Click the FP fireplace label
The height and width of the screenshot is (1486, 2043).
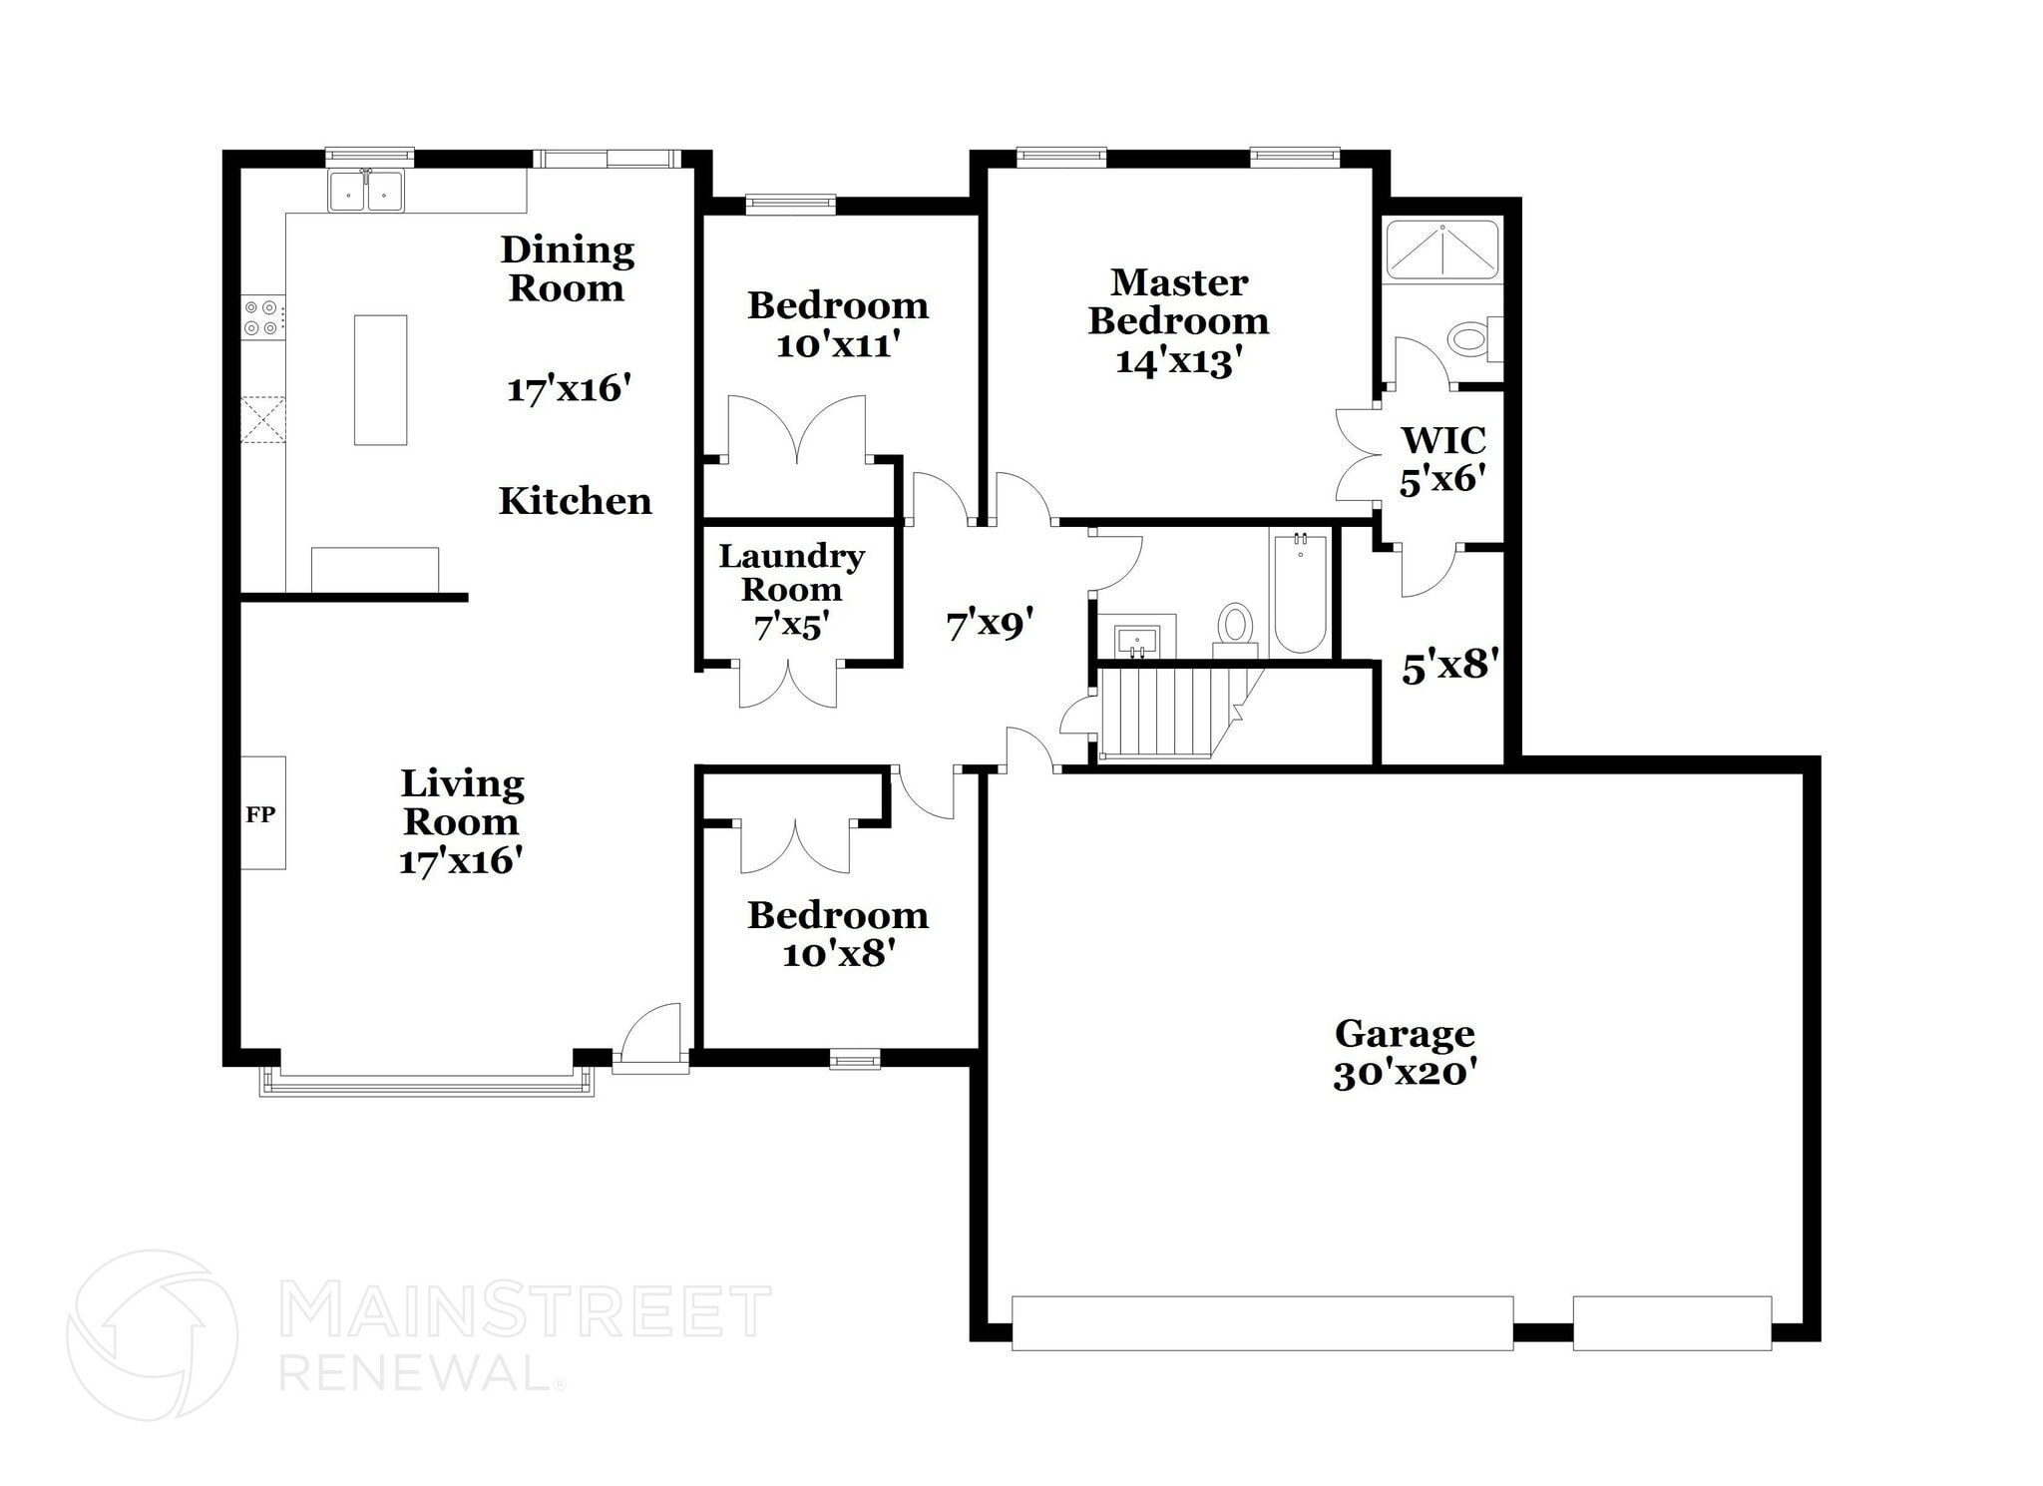(261, 814)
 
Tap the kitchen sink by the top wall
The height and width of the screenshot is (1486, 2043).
(366, 191)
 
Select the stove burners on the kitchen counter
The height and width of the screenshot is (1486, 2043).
(262, 317)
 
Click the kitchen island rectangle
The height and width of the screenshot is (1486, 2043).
(380, 380)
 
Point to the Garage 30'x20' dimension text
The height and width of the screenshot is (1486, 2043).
(1405, 1074)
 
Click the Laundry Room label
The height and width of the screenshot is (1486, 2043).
(791, 572)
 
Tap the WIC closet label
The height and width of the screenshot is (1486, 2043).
(1442, 440)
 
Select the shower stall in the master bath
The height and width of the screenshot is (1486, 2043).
(1442, 249)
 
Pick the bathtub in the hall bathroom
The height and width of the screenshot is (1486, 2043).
(1300, 593)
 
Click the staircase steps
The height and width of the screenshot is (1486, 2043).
(1162, 713)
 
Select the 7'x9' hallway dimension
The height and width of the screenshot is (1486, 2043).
(989, 625)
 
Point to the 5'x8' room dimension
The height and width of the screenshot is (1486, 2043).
(1450, 666)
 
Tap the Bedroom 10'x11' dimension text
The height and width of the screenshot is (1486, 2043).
(838, 345)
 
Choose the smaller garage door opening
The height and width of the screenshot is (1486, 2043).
(1672, 1322)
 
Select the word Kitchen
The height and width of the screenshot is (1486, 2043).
(575, 501)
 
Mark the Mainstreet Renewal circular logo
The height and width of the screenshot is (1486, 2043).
(153, 1334)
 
